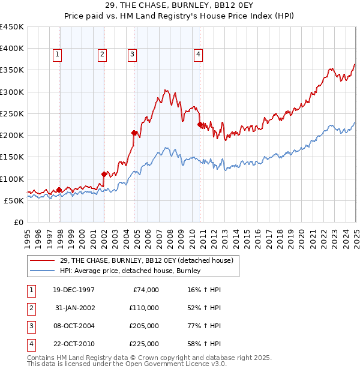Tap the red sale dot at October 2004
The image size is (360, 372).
pos(134,133)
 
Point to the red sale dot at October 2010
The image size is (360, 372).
pos(200,124)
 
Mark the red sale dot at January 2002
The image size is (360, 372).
pos(104,175)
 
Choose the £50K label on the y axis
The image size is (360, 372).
pos(14,200)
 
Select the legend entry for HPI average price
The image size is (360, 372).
pos(129,271)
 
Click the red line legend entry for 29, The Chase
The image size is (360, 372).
pos(149,260)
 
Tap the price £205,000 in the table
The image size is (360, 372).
pos(145,326)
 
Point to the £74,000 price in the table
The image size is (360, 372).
pos(146,290)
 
